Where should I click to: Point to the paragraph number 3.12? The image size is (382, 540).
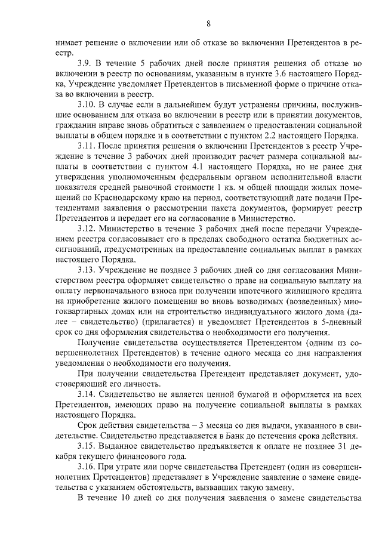87,228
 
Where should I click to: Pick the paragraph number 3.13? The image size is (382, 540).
87,270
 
